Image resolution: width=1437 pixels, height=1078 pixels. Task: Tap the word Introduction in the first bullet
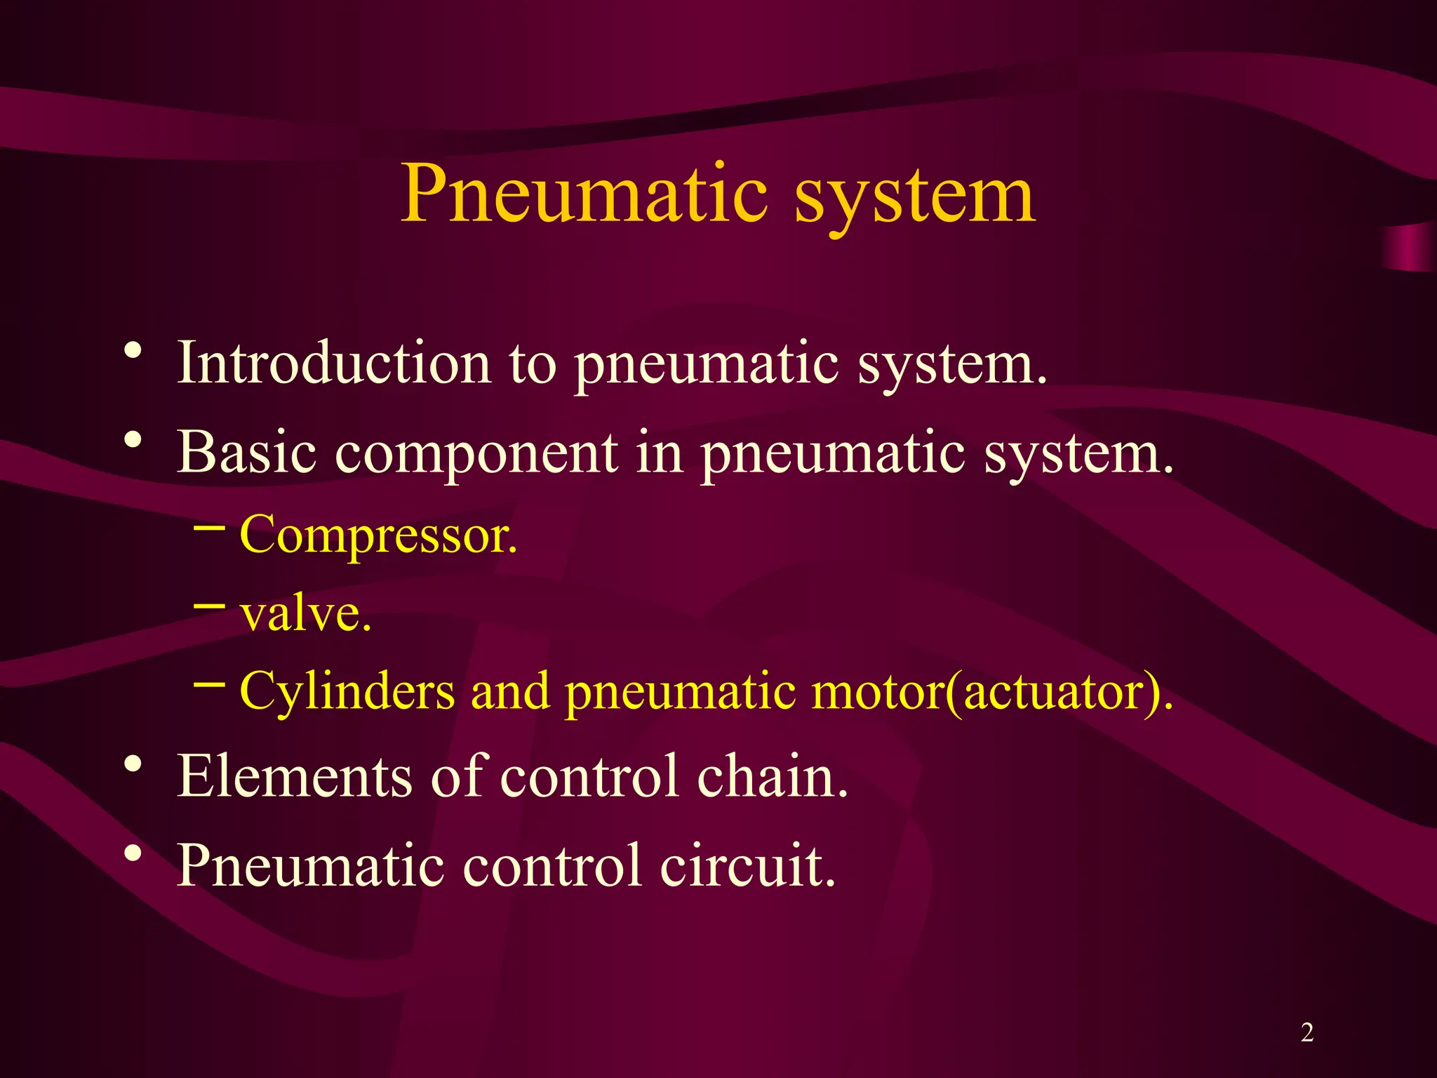point(334,363)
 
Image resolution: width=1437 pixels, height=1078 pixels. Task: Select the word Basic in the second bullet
point(246,452)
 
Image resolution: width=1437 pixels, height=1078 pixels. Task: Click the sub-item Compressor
point(378,535)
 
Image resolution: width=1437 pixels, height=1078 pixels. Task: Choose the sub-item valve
point(305,613)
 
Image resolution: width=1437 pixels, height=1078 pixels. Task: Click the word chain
point(773,776)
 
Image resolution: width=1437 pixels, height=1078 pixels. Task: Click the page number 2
point(1307,1032)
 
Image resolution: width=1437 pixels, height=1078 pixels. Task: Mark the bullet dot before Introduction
point(133,350)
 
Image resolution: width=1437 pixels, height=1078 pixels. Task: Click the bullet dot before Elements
point(133,764)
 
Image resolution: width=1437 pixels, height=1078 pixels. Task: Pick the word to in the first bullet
point(533,364)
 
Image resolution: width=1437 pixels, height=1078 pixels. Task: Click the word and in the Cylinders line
point(510,692)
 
